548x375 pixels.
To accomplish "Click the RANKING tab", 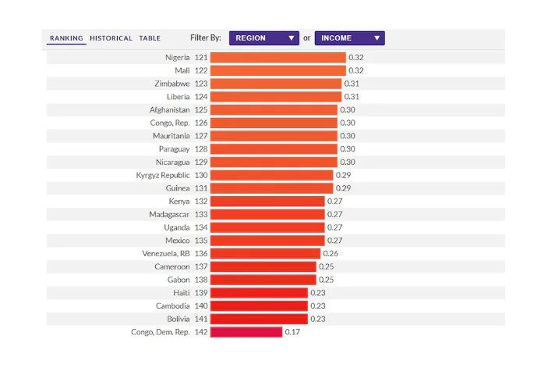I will (66, 38).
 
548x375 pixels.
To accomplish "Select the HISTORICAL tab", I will (111, 38).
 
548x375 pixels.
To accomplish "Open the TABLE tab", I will (150, 38).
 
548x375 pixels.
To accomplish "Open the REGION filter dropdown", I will (263, 38).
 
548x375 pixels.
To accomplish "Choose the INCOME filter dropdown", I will (349, 38).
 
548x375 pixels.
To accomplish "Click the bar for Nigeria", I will (278, 57).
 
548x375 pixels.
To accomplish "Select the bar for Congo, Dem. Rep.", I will (246, 332).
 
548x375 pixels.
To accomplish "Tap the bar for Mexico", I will (267, 241).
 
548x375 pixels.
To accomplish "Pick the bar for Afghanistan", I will (274, 110).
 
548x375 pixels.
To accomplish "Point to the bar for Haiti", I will (259, 293).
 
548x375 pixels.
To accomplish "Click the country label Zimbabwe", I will (172, 84).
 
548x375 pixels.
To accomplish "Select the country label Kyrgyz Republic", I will (163, 175).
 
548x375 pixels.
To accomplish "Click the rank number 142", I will (201, 332).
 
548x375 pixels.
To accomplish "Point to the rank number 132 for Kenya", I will (201, 202).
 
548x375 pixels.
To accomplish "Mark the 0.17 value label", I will (292, 332).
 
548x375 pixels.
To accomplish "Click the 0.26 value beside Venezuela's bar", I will (331, 253).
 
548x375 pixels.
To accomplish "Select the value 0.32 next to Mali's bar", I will (356, 70).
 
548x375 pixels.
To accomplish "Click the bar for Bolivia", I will (259, 319).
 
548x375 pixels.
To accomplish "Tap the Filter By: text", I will (206, 38).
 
